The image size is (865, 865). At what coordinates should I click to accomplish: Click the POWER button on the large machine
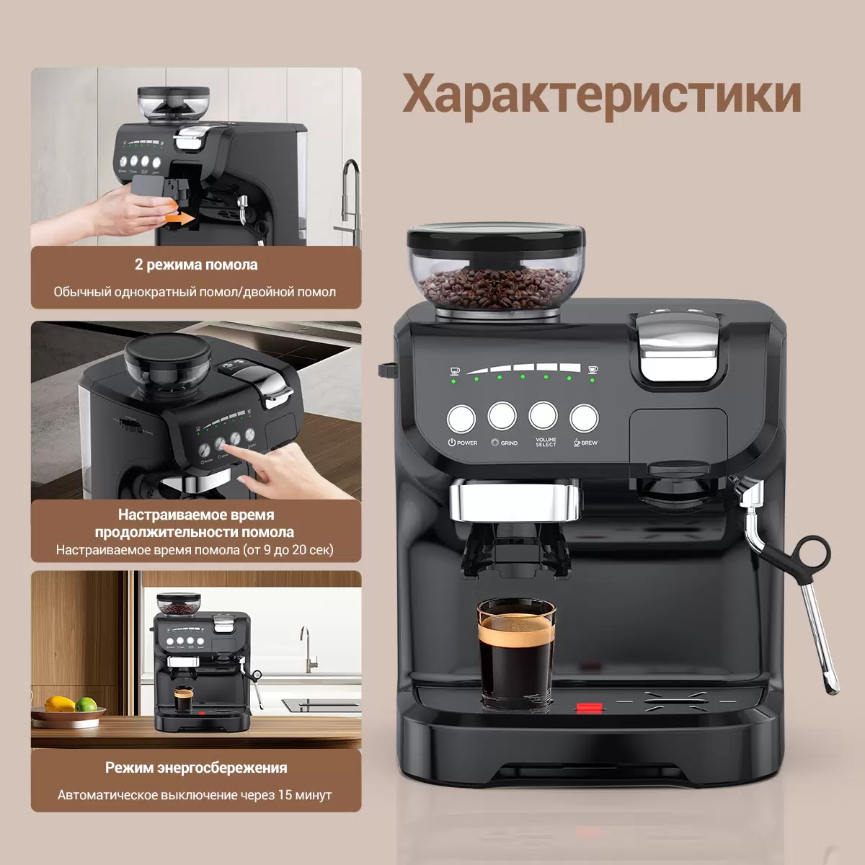[461, 419]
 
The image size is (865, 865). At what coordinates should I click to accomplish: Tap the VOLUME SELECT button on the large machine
[544, 416]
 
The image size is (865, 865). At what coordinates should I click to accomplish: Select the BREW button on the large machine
[584, 418]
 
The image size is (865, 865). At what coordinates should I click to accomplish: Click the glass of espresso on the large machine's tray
[516, 655]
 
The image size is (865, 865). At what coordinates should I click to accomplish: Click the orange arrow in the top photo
[179, 218]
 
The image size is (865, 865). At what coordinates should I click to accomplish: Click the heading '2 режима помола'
[196, 265]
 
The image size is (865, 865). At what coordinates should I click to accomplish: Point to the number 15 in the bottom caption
[285, 795]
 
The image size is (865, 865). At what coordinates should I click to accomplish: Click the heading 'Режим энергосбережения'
[196, 768]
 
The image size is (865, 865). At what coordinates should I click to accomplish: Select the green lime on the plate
[86, 704]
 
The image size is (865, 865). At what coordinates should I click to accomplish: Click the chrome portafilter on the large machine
[515, 502]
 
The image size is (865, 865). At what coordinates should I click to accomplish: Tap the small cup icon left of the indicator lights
[455, 371]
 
